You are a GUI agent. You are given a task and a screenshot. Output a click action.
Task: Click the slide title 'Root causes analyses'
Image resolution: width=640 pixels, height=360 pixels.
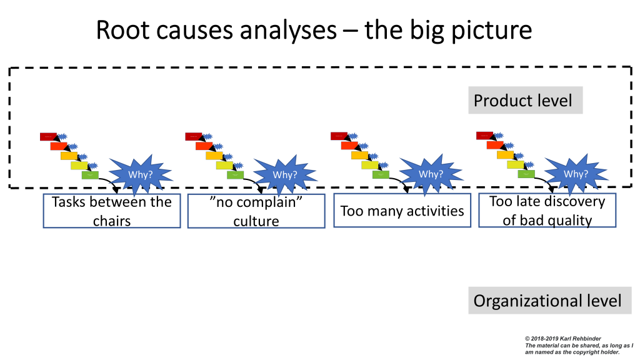[212, 30]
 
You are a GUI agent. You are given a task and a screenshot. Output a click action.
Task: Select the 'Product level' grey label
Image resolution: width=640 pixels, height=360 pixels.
[525, 100]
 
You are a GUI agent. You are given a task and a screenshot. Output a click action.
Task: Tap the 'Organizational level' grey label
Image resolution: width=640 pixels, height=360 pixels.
[547, 301]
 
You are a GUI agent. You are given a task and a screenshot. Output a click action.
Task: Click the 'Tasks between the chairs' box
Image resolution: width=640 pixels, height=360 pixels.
[111, 211]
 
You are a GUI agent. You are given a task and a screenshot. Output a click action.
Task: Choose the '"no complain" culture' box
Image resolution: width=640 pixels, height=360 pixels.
[256, 211]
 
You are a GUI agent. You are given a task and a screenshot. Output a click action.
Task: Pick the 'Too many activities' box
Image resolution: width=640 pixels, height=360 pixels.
[402, 211]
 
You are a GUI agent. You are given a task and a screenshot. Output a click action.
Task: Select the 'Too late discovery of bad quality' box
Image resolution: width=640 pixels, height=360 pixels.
[547, 211]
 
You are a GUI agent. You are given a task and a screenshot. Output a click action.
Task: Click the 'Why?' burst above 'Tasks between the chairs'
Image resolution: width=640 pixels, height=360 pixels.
[140, 174]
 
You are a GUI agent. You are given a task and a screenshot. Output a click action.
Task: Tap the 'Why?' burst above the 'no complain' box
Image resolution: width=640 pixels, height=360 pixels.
[284, 174]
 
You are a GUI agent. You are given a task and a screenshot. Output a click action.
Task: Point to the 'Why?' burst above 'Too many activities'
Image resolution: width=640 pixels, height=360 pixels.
[431, 174]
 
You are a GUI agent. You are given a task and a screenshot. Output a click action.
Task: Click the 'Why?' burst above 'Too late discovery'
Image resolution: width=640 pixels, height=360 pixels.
[576, 174]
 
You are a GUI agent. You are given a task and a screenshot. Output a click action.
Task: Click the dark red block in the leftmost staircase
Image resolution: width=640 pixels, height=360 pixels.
[48, 136]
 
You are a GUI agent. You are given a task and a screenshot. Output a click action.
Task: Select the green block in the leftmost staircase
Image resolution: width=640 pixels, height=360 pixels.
[90, 174]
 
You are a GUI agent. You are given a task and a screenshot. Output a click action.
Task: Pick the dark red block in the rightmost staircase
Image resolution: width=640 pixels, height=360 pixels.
[485, 136]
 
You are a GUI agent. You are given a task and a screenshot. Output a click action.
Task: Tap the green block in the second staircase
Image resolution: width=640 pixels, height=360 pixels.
[235, 174]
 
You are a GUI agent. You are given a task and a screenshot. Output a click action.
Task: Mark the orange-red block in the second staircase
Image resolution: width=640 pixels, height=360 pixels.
[204, 146]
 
